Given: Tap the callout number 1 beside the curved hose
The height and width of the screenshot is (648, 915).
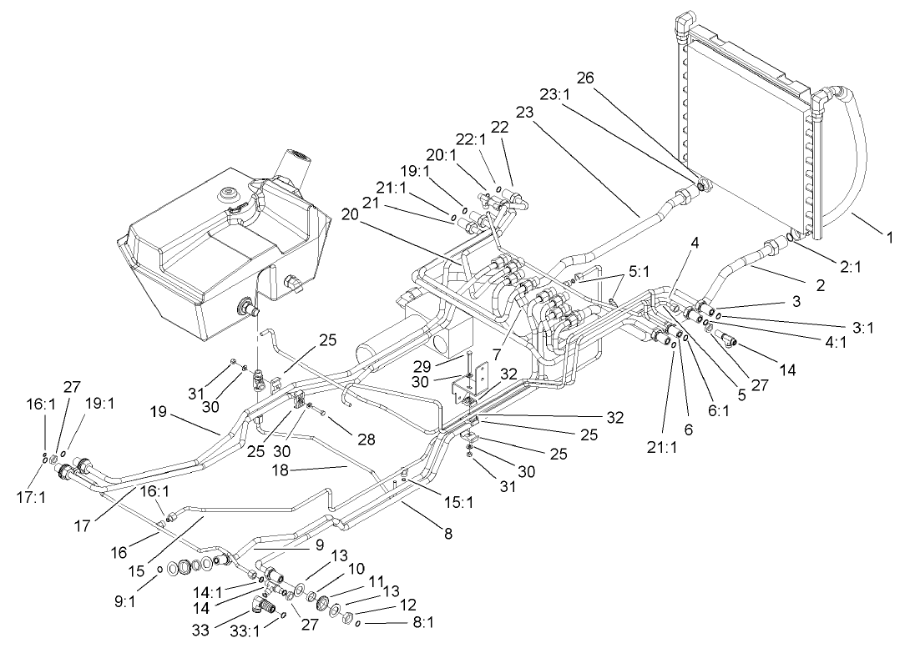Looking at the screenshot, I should point(890,238).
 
